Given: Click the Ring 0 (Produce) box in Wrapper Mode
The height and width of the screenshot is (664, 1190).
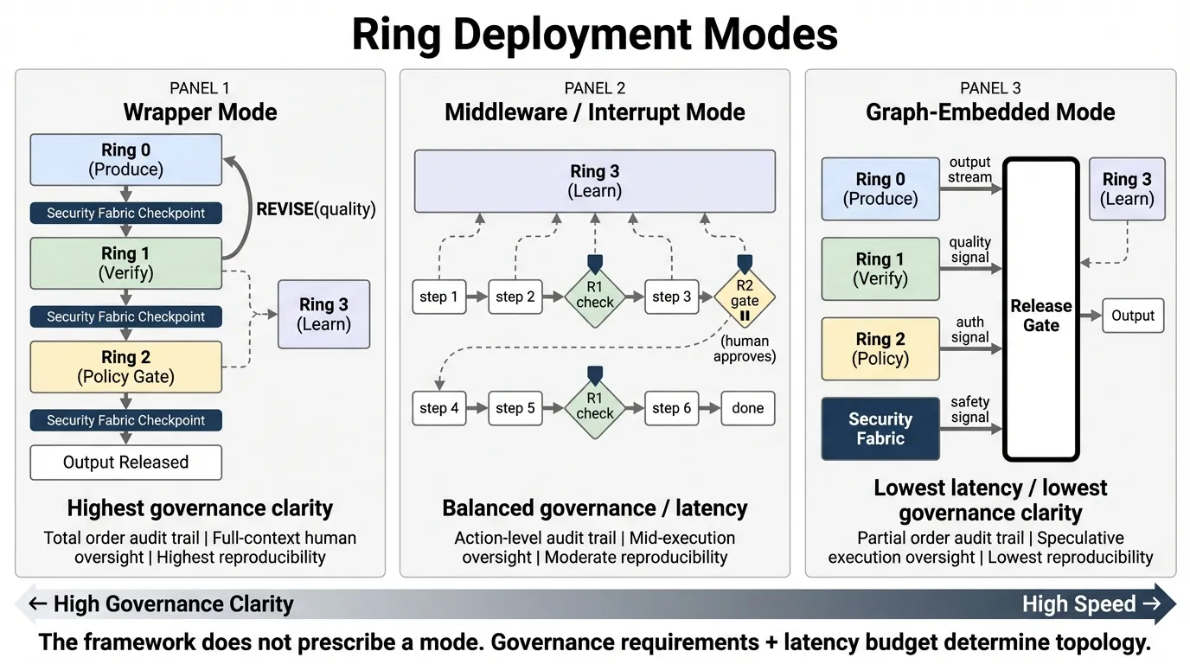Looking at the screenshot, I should coord(125,160).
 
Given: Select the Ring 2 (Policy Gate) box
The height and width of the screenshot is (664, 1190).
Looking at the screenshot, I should coord(125,367).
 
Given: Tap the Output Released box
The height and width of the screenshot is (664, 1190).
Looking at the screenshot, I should coord(125,463).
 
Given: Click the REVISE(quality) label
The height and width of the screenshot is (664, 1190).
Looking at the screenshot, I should coord(316,208).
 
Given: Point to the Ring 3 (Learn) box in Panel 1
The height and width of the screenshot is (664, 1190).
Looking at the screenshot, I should coord(323,314).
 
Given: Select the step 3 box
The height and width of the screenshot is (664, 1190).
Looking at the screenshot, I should coord(671,297).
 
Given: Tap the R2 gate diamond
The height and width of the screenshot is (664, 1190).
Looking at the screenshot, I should coord(744,296).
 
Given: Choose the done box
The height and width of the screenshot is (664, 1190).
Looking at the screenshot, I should coord(747,408).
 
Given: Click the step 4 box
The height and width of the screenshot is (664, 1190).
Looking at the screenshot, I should coord(438,408).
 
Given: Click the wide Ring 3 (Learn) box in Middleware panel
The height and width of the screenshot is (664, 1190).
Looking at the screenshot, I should coord(594,181).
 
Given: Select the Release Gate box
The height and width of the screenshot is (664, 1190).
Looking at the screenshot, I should coord(1040,310).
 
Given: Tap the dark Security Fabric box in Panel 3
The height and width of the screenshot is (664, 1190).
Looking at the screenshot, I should coord(880,429).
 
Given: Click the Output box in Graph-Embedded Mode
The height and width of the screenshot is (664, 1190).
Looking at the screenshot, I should coord(1133,316).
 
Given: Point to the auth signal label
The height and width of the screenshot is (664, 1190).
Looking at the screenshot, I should coord(969,329).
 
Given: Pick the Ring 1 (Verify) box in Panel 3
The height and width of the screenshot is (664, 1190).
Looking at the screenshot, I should coord(880,269).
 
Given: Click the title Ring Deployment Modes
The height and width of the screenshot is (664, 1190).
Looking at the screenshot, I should coord(594,35).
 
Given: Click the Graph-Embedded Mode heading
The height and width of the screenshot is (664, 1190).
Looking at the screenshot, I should coord(989,112).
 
